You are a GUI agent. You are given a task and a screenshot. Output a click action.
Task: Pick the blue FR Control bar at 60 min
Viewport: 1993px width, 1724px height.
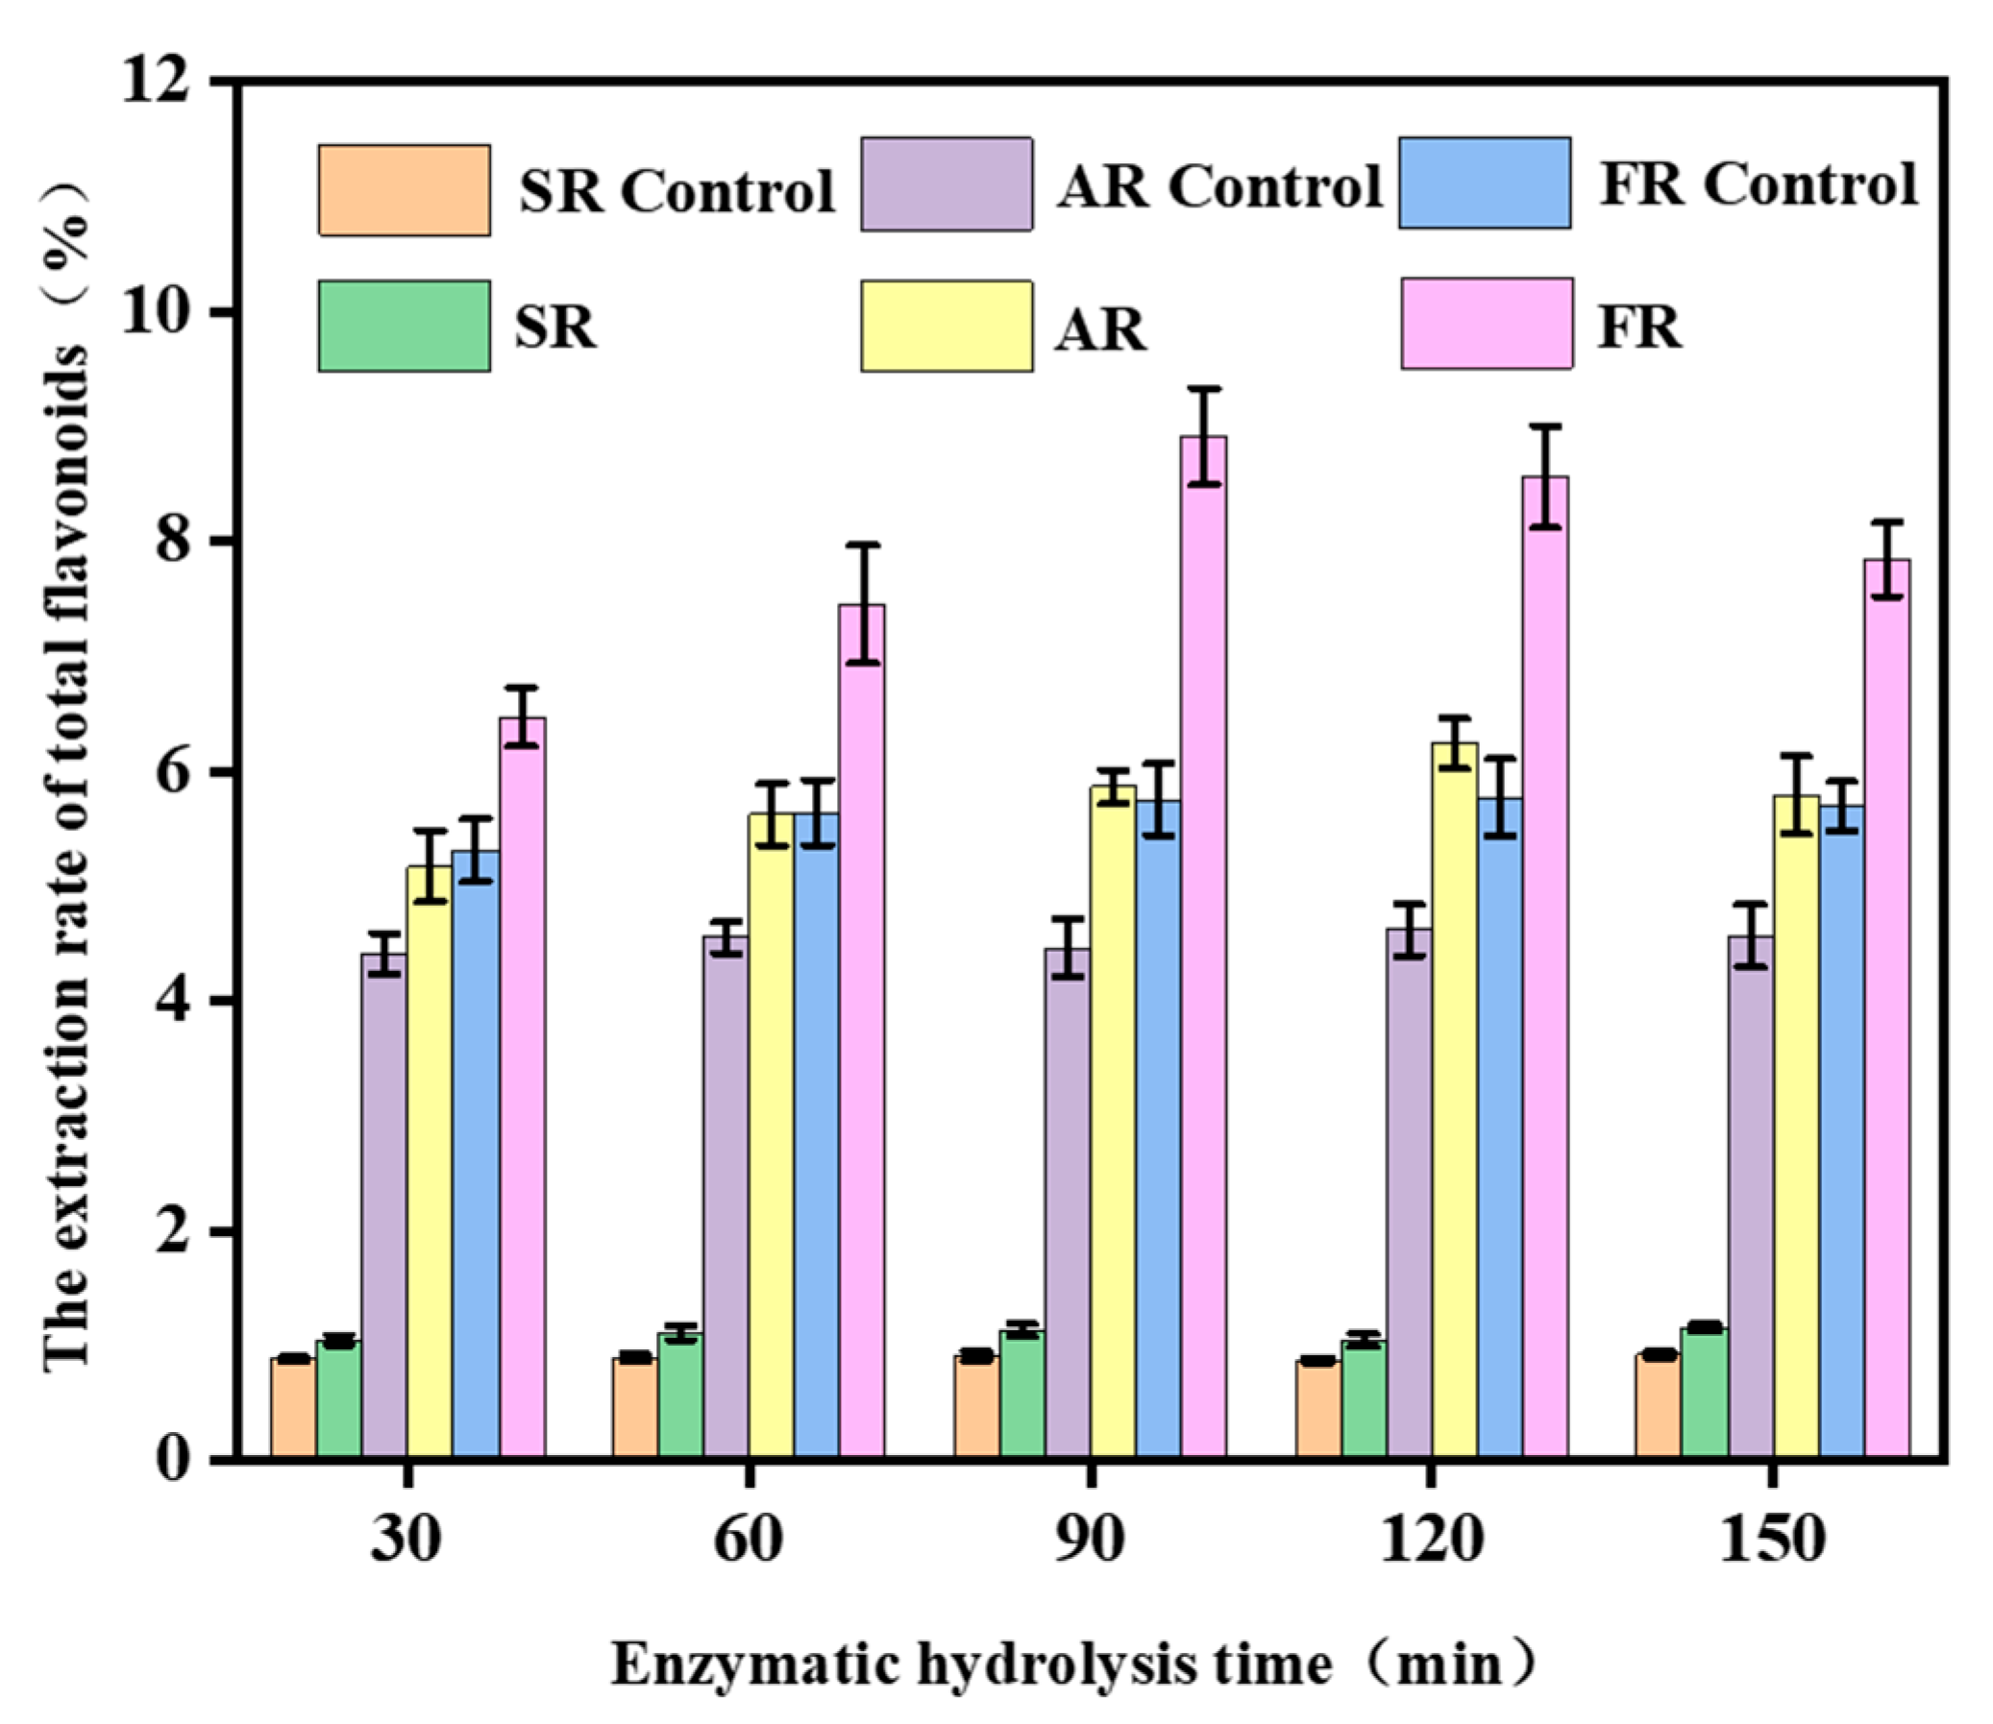pos(816,1135)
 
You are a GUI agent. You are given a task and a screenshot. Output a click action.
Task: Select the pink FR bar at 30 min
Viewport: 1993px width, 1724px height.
pos(523,1087)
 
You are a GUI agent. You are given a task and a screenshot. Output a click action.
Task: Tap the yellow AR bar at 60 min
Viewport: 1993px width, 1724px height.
pos(772,1135)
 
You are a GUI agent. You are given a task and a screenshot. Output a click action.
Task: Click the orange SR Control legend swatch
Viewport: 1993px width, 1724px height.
pos(405,189)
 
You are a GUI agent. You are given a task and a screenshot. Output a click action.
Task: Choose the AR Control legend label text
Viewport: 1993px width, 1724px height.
pos(1219,184)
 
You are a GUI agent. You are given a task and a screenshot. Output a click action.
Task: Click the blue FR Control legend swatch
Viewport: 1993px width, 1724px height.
pos(1485,182)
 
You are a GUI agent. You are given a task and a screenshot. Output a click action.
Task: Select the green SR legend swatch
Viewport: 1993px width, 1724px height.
pos(405,326)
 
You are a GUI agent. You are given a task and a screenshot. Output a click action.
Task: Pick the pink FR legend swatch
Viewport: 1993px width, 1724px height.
pos(1487,324)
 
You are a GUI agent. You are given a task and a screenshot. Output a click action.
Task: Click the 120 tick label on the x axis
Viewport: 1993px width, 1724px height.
pos(1431,1541)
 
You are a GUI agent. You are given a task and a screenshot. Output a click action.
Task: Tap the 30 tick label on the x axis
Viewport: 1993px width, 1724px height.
pos(407,1541)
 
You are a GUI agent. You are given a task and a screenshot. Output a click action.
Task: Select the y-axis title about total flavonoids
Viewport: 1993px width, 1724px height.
pos(67,769)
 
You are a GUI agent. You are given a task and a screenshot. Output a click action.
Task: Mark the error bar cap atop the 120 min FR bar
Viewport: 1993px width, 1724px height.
pos(1544,425)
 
